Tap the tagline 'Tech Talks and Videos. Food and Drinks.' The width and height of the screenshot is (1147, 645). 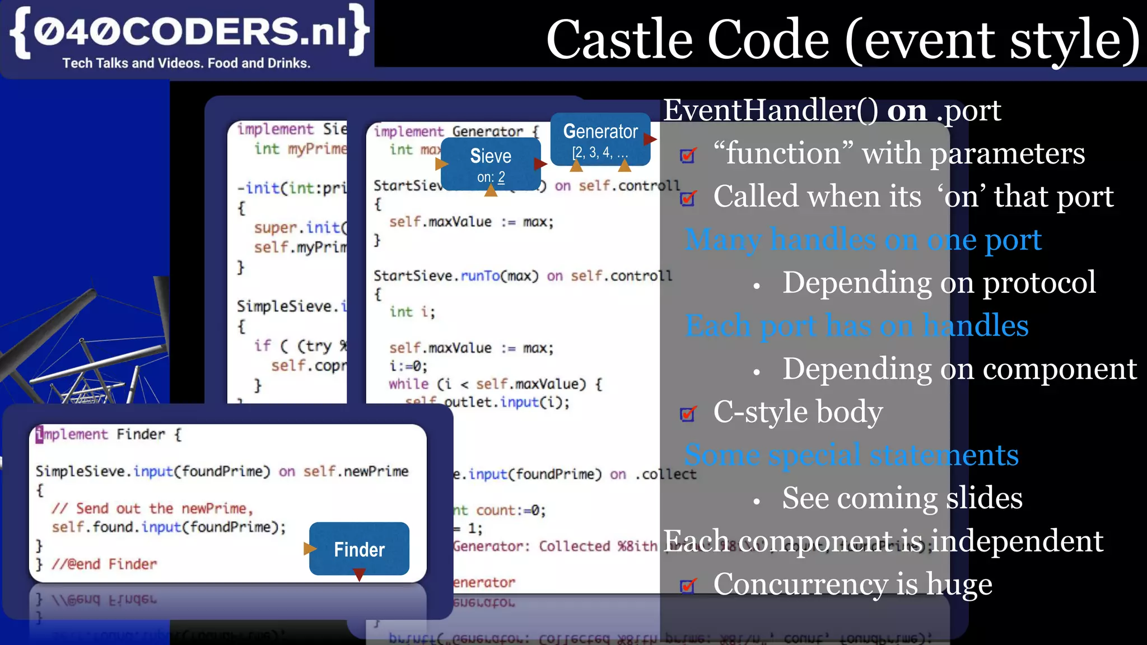tap(186, 63)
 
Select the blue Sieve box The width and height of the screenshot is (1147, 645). tap(490, 164)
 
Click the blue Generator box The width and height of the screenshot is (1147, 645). tap(600, 139)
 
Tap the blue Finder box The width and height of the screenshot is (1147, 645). tap(359, 549)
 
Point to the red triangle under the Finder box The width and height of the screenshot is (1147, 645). tap(360, 574)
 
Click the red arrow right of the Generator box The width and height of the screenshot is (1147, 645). tap(650, 139)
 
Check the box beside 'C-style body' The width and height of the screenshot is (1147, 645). tap(688, 414)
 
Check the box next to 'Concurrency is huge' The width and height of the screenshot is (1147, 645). tap(688, 586)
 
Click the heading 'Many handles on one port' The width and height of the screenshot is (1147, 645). tap(862, 240)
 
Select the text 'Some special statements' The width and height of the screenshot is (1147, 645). tap(851, 455)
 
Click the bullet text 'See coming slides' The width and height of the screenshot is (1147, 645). tap(902, 498)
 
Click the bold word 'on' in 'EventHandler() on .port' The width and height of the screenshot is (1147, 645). tap(907, 111)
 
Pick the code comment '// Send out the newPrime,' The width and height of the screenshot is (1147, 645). tap(152, 508)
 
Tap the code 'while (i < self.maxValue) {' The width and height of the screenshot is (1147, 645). tap(495, 384)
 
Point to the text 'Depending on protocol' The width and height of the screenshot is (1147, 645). tap(939, 282)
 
